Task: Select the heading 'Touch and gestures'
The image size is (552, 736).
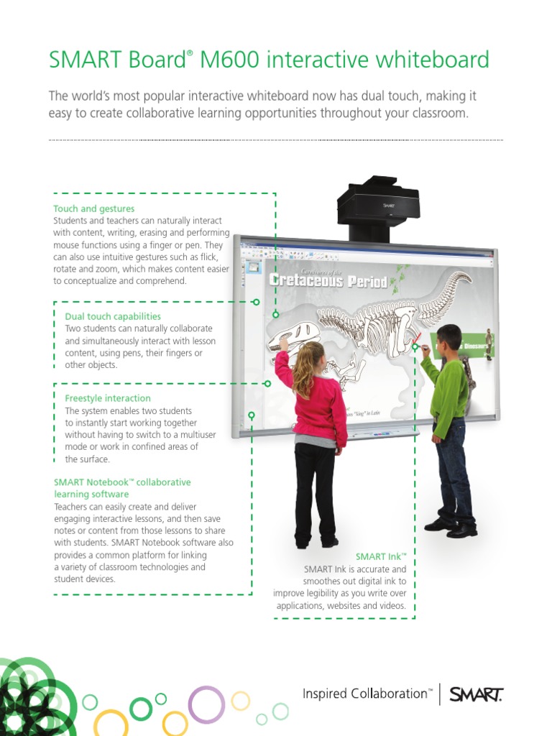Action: tap(94, 209)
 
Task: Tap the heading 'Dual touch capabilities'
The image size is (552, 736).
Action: tap(113, 316)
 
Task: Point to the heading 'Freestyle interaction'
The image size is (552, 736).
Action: tap(108, 398)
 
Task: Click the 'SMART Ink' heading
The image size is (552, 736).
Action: tap(381, 557)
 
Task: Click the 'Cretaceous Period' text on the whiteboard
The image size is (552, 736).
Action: tap(328, 281)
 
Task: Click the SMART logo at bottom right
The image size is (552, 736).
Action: tap(476, 694)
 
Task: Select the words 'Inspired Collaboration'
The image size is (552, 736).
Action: tap(365, 694)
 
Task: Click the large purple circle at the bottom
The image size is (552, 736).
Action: tap(206, 704)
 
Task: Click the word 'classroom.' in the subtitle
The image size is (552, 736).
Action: tap(436, 114)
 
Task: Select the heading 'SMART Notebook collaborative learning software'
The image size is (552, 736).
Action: tap(122, 488)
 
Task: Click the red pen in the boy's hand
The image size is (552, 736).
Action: tap(415, 338)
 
